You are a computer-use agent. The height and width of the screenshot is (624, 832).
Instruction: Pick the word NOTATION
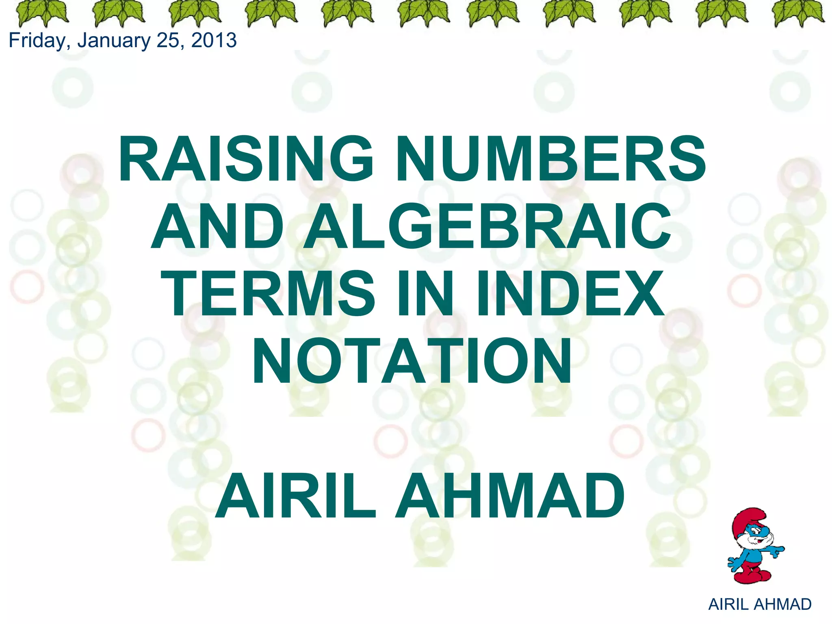coord(412,361)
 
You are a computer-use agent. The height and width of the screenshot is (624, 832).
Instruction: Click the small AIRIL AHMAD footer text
coord(760,604)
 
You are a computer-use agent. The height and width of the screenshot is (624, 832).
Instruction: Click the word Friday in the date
coord(39,41)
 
